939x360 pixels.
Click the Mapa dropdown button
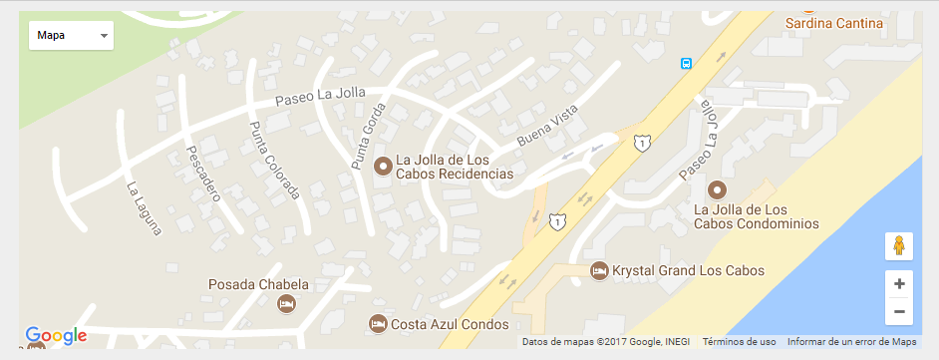pyautogui.click(x=71, y=35)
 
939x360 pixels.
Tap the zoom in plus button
pyautogui.click(x=899, y=284)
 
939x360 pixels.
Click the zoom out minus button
pyautogui.click(x=899, y=311)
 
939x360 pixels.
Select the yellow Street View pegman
pyautogui.click(x=899, y=246)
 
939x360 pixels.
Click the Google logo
pyautogui.click(x=56, y=336)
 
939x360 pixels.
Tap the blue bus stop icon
pyautogui.click(x=686, y=63)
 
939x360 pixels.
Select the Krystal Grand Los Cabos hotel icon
pyautogui.click(x=598, y=270)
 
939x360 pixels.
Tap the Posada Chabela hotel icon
pyautogui.click(x=286, y=302)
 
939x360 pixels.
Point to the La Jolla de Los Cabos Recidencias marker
pyautogui.click(x=382, y=167)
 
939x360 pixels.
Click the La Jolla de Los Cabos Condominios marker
pyautogui.click(x=716, y=188)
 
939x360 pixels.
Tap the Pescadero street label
pyautogui.click(x=202, y=173)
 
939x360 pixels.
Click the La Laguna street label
pyautogui.click(x=144, y=207)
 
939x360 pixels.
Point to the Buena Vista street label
pyautogui.click(x=547, y=130)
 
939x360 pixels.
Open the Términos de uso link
pyautogui.click(x=739, y=342)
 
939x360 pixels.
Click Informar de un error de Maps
pyautogui.click(x=851, y=342)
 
